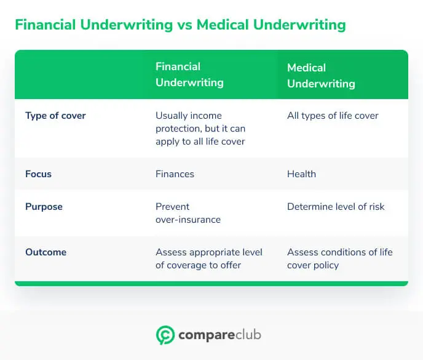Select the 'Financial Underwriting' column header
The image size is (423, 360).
(189, 74)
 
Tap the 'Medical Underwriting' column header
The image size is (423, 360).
(321, 75)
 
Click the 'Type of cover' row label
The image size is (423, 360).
(55, 116)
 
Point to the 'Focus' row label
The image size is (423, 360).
(38, 174)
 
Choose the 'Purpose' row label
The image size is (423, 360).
(43, 207)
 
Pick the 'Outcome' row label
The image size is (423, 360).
(45, 252)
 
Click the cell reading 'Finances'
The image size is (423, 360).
(175, 174)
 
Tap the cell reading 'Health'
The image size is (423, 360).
(301, 174)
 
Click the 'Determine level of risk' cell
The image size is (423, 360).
(336, 207)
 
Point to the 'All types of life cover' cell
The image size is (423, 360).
(333, 116)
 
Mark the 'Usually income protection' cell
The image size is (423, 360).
(200, 129)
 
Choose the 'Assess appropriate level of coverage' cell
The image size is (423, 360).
(208, 258)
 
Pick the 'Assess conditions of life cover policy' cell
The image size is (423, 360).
(339, 258)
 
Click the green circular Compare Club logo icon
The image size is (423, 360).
(165, 335)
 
